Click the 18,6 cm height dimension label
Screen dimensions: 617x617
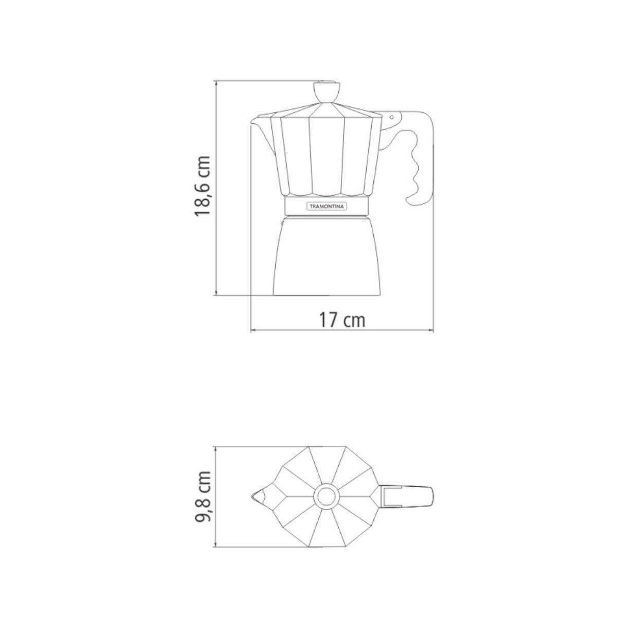coord(203,186)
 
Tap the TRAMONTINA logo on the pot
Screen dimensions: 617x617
coord(326,207)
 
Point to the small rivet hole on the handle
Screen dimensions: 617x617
coord(391,117)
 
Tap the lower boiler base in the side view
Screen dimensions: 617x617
coord(326,256)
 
